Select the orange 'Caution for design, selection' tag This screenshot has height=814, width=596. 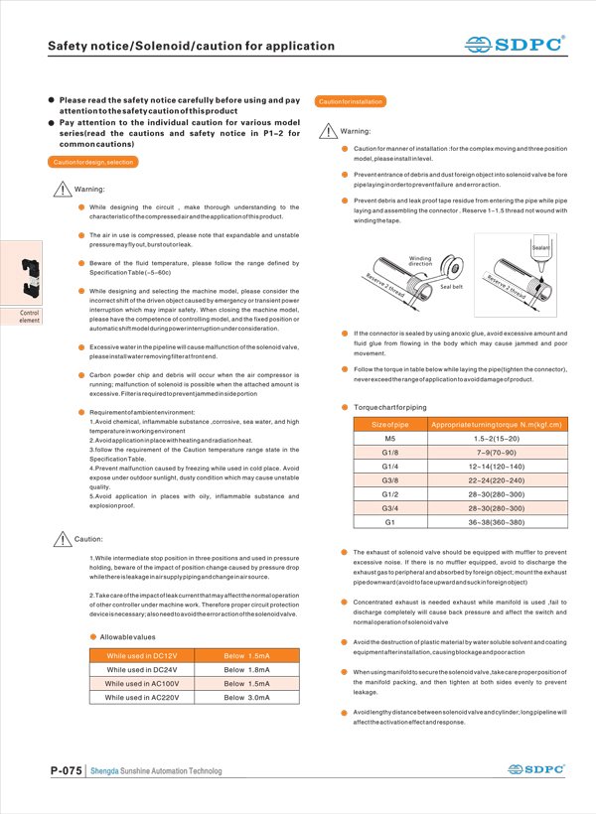pos(92,161)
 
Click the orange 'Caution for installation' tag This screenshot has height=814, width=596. pos(350,101)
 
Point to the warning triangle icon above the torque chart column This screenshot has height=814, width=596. pos(329,132)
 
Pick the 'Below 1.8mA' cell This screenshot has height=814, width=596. pos(246,670)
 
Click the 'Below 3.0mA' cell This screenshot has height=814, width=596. pos(246,698)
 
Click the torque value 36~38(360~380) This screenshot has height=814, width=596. pos(497,521)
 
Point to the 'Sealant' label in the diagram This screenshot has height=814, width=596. pos(541,245)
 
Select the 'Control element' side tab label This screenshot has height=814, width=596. pos(30,317)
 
